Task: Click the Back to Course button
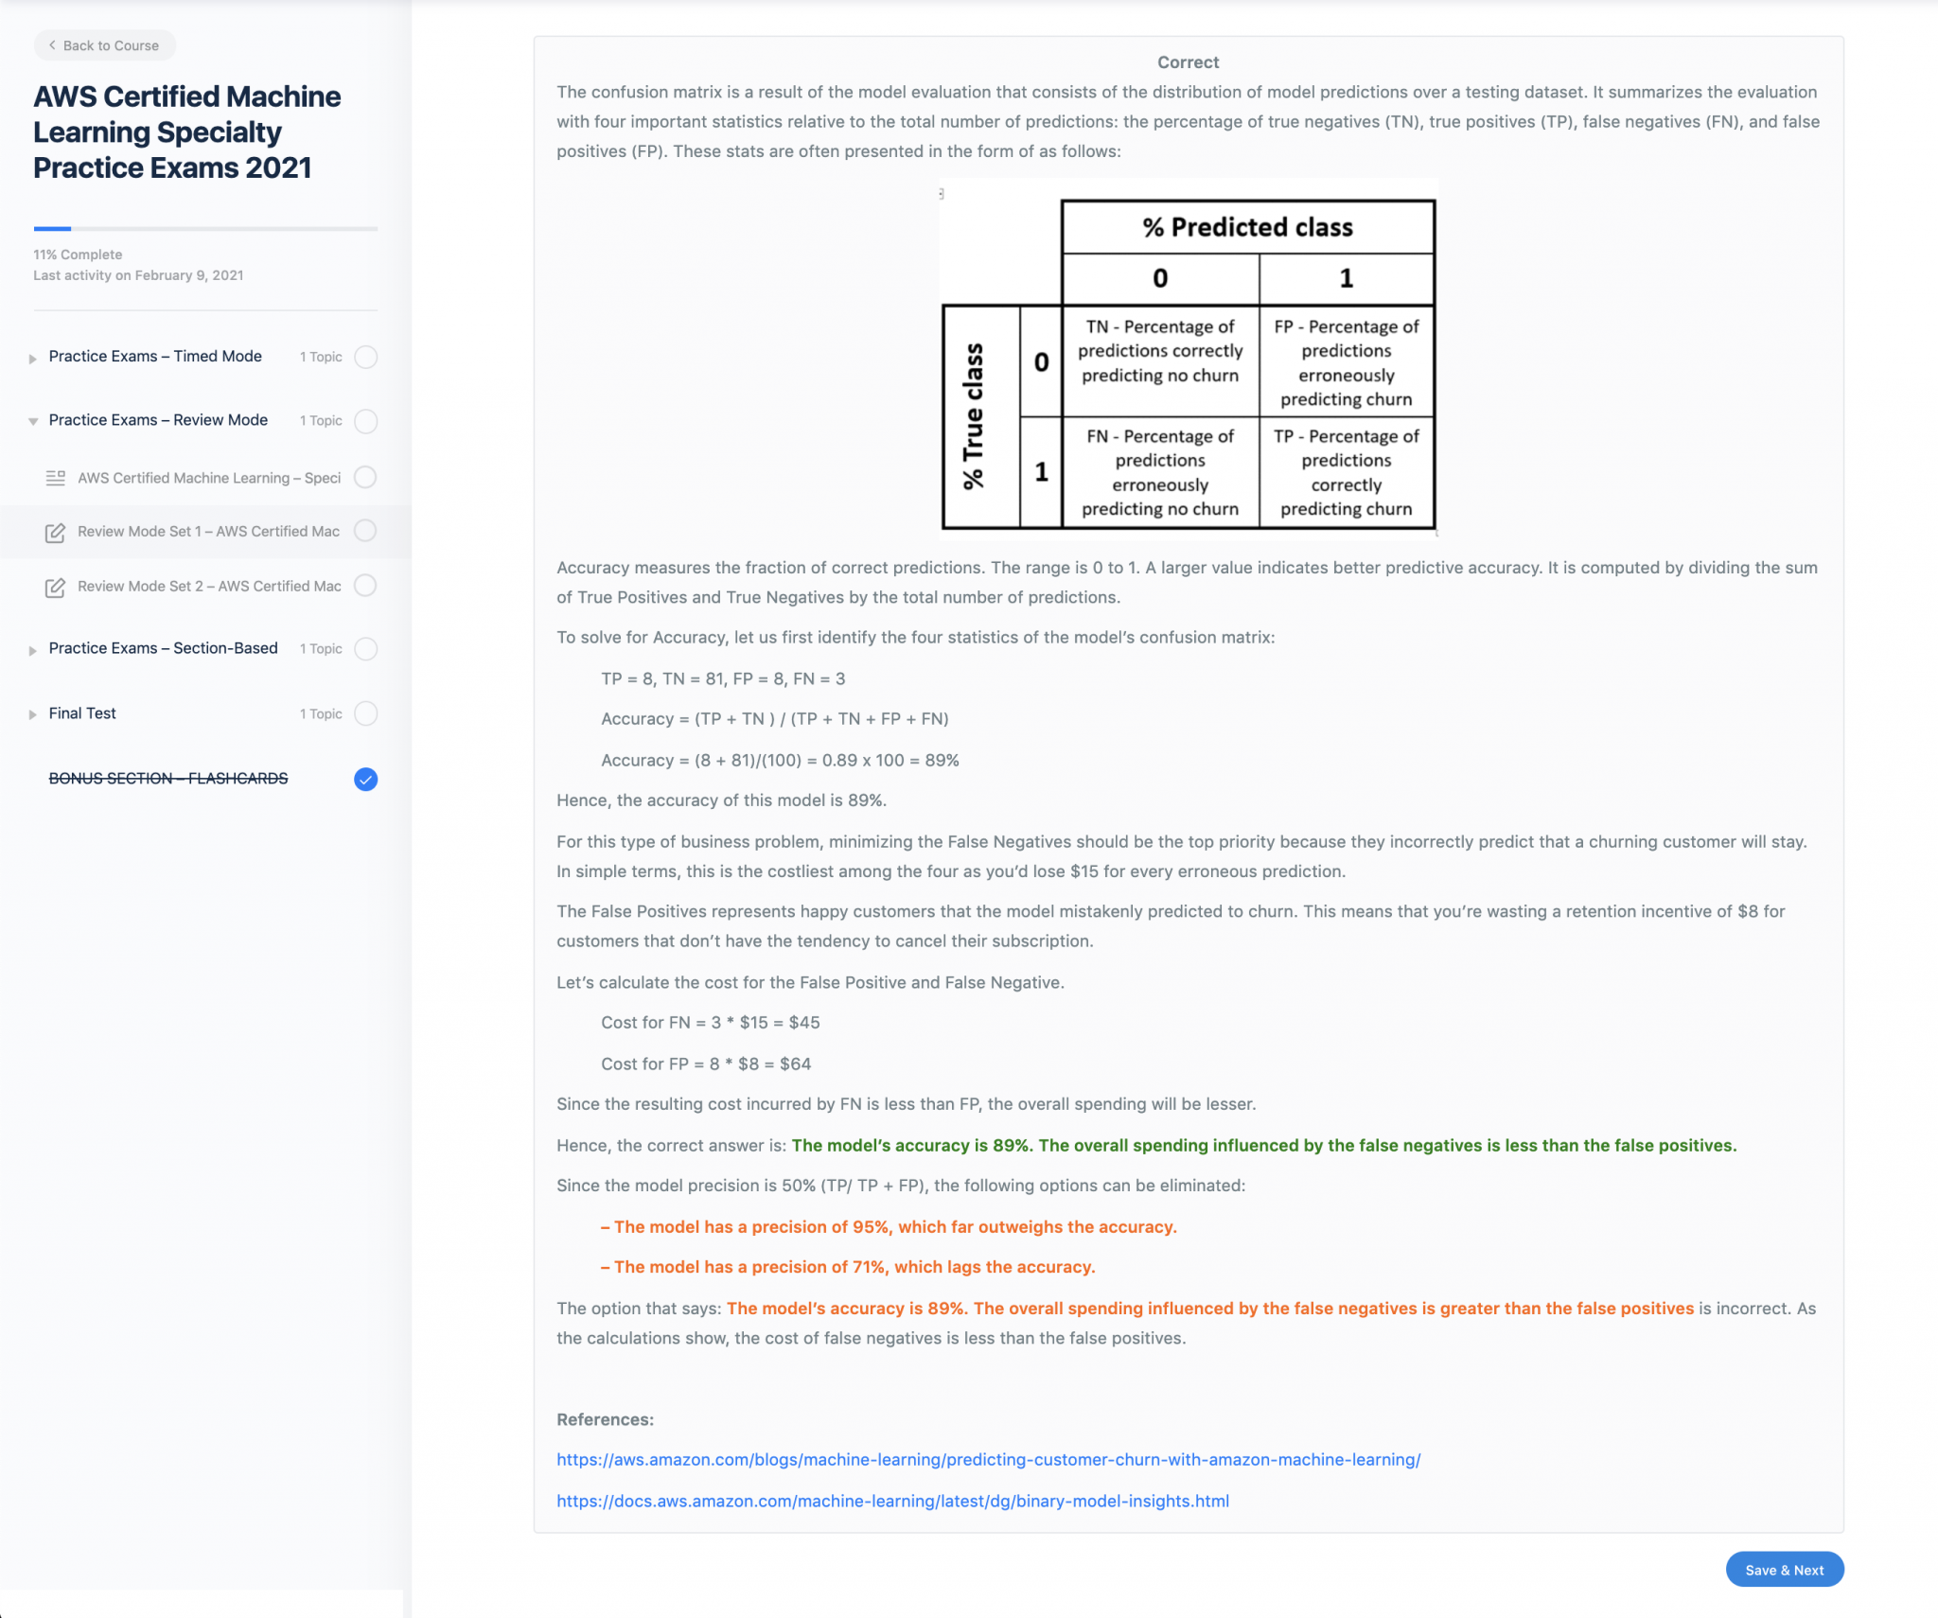coord(104,45)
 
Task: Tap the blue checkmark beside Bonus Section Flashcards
coord(365,779)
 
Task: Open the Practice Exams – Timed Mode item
coord(155,357)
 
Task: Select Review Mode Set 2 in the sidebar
coord(208,587)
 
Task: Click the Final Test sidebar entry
coord(82,713)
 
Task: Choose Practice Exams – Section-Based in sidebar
coord(163,648)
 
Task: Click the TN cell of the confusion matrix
coord(1159,351)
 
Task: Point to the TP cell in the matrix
coord(1346,472)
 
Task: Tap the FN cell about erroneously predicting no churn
coord(1159,472)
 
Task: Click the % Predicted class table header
coord(1247,227)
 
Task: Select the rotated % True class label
coord(974,416)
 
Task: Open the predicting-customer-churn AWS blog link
coord(988,1460)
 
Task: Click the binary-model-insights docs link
coord(892,1502)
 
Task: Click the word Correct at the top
coord(1188,62)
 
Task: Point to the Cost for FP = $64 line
coord(706,1064)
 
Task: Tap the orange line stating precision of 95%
coord(890,1227)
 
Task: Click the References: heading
coord(605,1419)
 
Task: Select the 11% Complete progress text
coord(78,255)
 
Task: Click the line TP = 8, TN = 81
coord(723,678)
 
